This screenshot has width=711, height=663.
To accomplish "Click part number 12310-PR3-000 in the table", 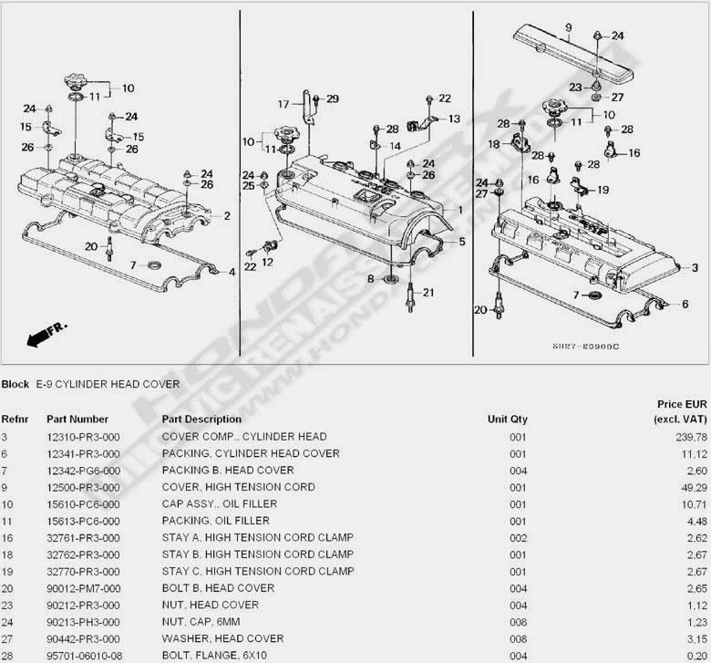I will point(84,437).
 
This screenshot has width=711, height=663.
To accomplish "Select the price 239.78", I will point(688,437).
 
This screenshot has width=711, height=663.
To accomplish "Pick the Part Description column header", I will point(202,420).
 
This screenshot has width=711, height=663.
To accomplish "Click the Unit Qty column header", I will point(507,420).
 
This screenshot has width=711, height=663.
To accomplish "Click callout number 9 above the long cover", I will point(566,27).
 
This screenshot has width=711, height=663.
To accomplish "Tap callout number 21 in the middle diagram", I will point(428,292).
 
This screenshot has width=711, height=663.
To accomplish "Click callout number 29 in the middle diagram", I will point(332,98).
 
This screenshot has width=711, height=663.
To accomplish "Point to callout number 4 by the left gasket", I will point(232,271).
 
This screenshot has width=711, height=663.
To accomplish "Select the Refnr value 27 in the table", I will point(8,638).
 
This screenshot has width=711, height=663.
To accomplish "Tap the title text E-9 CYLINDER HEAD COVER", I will point(108,384).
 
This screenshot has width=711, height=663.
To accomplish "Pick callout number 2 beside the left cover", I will point(227,216).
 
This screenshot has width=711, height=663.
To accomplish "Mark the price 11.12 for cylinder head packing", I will point(691,453).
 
